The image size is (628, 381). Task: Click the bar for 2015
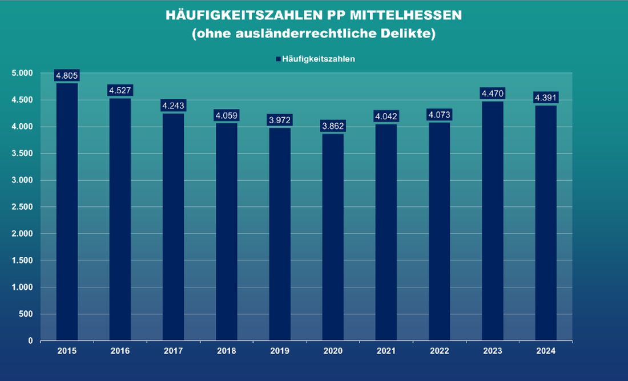[67, 211]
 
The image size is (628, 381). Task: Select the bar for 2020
[333, 237]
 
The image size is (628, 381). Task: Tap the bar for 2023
[493, 220]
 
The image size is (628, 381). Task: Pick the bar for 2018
[227, 231]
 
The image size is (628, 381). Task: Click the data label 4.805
[67, 75]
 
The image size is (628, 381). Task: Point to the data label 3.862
[333, 126]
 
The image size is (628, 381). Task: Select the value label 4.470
[493, 94]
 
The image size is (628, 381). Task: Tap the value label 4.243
[174, 106]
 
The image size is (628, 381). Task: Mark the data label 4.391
[546, 98]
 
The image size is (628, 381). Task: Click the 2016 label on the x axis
[120, 351]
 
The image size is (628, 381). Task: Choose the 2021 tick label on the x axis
[386, 351]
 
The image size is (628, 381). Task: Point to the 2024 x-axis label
[546, 351]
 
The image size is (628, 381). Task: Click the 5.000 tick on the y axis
[22, 73]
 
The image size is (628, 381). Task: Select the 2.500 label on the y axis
[22, 207]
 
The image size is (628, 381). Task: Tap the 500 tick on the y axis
[25, 314]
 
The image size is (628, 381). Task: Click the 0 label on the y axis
[30, 341]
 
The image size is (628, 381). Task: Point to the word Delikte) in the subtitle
[412, 34]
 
